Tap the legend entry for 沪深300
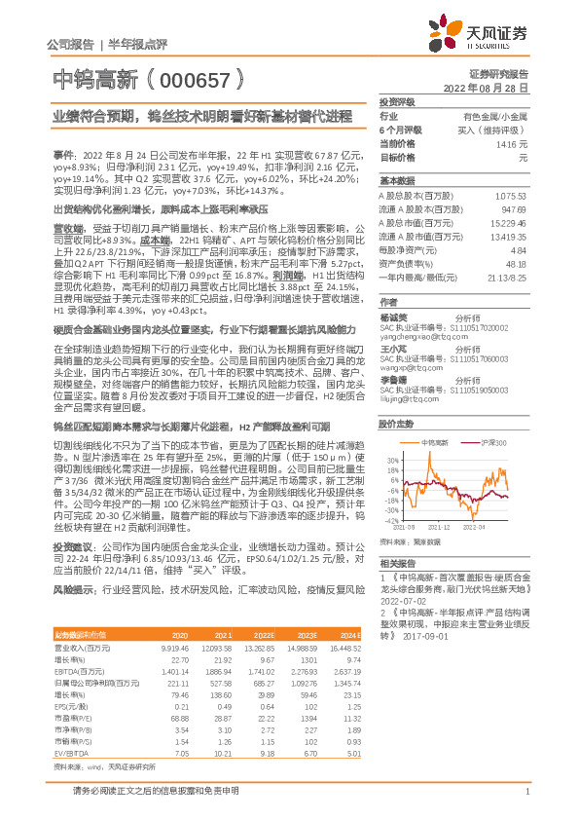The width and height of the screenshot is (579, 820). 490,442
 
